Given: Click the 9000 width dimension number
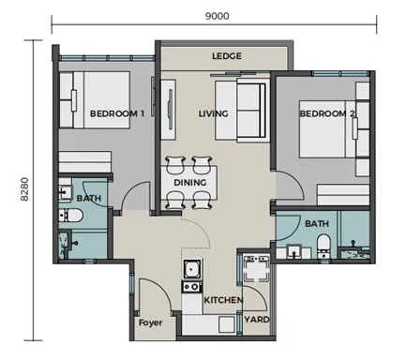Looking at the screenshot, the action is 217,16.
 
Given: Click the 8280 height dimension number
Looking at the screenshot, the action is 24,189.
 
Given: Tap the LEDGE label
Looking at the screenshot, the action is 227,56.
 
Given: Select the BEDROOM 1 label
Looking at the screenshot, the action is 117,113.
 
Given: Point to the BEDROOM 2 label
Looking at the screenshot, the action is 327,113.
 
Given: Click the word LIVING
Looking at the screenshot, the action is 214,113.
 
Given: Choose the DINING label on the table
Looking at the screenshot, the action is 190,183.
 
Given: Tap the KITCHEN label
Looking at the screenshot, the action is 223,300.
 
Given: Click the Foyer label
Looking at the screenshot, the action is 150,322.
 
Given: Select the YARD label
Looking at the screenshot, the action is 257,320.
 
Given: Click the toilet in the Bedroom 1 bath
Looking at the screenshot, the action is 70,216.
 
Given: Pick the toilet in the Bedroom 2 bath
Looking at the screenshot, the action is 323,247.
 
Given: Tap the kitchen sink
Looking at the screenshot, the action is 192,269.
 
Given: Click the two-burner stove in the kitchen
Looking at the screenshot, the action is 191,287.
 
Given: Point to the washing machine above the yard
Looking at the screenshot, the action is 256,268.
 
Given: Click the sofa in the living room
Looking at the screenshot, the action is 250,110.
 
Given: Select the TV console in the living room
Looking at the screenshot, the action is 168,110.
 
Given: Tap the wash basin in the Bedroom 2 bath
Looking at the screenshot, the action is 293,251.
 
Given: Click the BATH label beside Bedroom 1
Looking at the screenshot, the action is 89,199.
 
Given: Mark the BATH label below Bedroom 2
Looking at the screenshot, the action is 317,224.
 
